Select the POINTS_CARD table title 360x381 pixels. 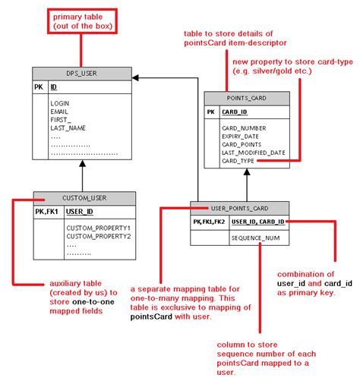coord(245,98)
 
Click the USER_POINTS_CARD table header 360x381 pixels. coord(239,207)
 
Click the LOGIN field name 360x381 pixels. coord(61,102)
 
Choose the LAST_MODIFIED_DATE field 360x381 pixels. coord(254,153)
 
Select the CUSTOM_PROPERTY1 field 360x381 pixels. coord(98,227)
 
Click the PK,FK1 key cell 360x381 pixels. coord(48,212)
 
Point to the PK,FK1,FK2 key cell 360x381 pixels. coord(208,222)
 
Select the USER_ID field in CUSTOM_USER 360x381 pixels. coord(79,212)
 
